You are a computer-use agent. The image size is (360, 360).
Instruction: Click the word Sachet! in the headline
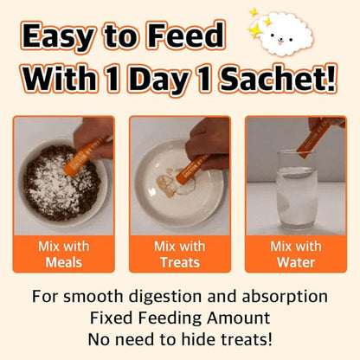coord(278,78)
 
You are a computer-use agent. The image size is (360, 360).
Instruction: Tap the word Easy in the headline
coord(58,36)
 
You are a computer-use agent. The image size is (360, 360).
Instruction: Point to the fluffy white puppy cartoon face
coord(285,35)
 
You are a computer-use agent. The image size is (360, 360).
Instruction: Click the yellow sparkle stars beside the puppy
coord(257,23)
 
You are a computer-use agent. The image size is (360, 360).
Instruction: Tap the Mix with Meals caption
coord(64,254)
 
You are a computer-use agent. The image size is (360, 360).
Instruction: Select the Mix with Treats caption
coord(180,254)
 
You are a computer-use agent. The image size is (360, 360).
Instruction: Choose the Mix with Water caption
coord(296,254)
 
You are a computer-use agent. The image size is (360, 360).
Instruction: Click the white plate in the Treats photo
coord(179,183)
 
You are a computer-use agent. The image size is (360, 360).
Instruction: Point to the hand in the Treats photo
coord(205,145)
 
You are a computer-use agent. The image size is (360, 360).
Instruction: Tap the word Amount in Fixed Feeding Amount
coord(238,318)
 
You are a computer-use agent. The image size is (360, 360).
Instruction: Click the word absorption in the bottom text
coord(285,297)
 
